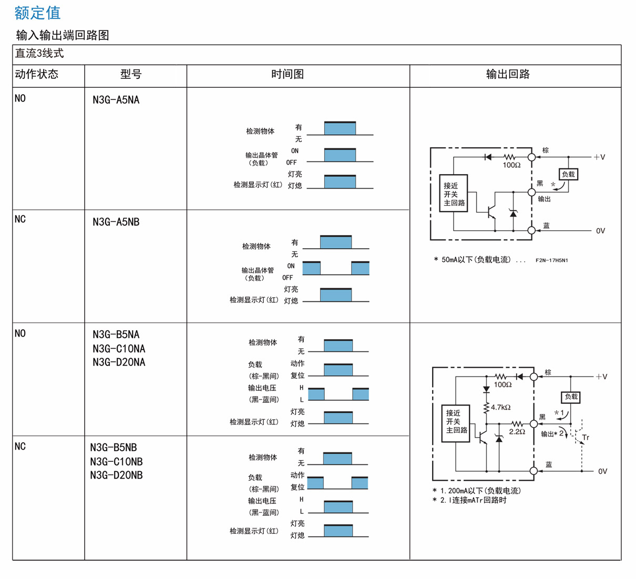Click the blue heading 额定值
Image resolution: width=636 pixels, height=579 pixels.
pos(37,13)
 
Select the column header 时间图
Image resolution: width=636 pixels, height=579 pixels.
pos(288,74)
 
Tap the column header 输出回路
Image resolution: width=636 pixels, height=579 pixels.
pos(508,74)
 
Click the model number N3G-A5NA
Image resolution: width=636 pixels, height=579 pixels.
pos(116,100)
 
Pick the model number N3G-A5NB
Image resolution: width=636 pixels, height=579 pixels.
pos(116,222)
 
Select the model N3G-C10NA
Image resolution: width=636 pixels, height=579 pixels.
pos(119,349)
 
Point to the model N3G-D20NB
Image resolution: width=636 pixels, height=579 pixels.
pos(116,475)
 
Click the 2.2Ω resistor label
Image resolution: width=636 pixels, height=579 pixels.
pos(517,432)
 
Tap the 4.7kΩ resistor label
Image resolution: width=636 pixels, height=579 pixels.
pos(500,407)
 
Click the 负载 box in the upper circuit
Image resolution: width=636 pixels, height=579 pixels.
pos(568,174)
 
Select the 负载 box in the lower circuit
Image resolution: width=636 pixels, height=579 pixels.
pos(571,397)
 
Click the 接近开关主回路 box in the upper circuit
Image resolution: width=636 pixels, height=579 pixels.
pos(454,194)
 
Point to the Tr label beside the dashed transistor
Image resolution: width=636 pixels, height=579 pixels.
pos(586,438)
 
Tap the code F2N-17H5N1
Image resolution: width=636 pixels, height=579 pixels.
pos(551,260)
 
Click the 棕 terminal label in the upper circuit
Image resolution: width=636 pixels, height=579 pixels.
pos(546,150)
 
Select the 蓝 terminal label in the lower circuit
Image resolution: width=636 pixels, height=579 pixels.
pos(549,464)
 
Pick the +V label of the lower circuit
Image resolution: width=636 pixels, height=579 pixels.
pos(601,377)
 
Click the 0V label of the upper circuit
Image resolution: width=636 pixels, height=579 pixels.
pos(600,231)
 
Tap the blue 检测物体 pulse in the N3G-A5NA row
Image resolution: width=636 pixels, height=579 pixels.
pos(340,128)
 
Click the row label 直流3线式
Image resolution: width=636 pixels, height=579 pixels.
pos(39,54)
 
